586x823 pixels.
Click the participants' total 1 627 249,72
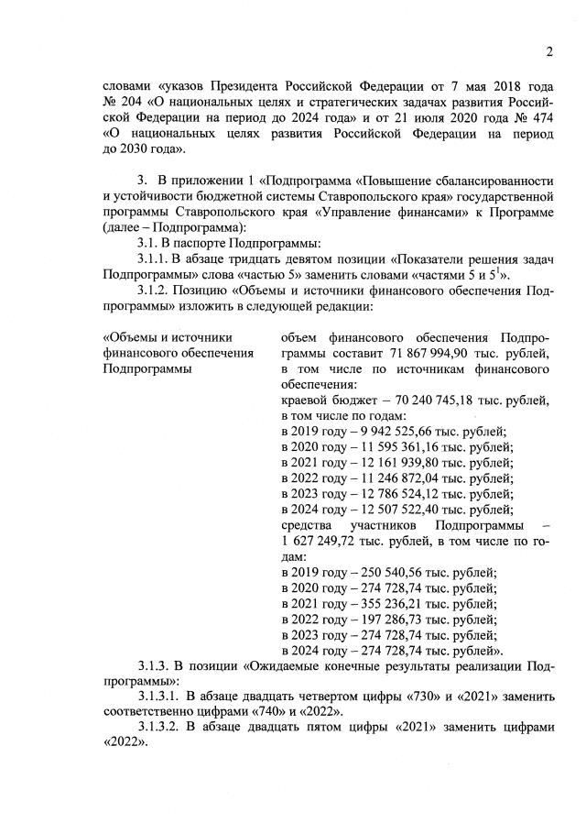click(x=317, y=541)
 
